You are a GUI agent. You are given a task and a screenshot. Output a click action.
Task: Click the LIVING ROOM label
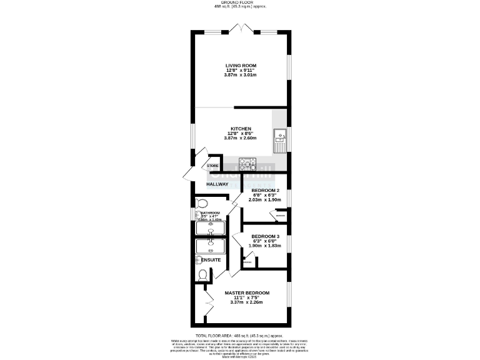[x=241, y=65]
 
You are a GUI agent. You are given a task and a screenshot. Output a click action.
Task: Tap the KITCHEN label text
[x=241, y=129]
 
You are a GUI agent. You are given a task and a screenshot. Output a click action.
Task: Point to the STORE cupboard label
[x=212, y=166]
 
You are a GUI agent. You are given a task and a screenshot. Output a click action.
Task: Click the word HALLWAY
[x=217, y=184]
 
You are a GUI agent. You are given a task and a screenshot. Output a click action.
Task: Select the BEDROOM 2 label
[x=266, y=190]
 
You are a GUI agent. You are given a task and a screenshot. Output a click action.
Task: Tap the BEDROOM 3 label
[x=266, y=236]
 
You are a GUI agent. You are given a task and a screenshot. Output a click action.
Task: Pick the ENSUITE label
[x=210, y=259]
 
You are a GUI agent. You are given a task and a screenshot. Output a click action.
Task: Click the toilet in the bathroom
[x=201, y=203]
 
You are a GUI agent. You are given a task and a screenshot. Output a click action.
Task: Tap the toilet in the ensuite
[x=202, y=275]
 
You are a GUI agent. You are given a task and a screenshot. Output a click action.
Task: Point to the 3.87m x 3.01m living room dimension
[x=241, y=75]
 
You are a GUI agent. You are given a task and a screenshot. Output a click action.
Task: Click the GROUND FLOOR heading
[x=241, y=2]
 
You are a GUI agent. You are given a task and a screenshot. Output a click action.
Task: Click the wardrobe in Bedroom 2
[x=277, y=216]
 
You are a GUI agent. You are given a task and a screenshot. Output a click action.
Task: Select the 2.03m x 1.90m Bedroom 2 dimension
[x=266, y=200]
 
